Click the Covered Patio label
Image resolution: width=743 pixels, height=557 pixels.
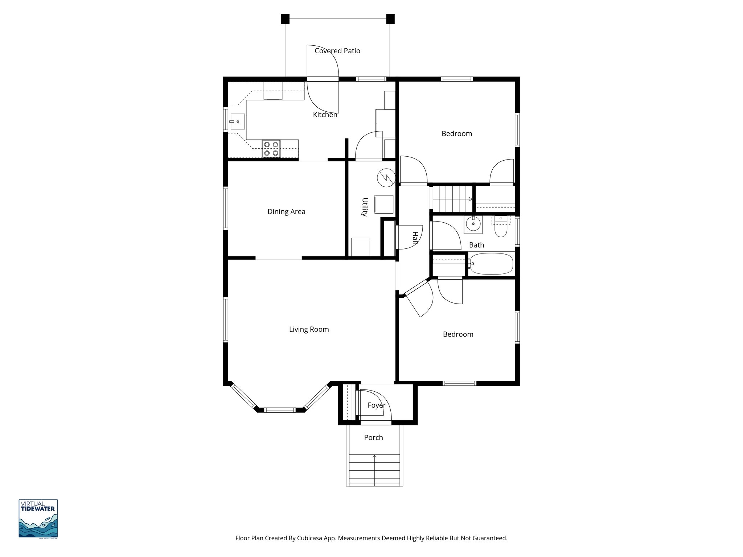(337, 51)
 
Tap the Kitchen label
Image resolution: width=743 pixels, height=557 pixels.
(325, 115)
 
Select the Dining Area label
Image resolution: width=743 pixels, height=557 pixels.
(286, 211)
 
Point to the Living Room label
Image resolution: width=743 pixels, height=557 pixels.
(309, 329)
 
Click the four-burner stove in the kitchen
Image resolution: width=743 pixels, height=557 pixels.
(271, 149)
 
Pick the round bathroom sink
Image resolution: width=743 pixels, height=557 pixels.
(473, 224)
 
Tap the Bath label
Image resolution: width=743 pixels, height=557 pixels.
(476, 245)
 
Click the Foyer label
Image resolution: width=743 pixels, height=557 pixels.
(376, 405)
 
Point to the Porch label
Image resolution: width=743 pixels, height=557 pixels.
(373, 437)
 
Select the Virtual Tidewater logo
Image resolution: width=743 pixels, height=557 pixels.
(38, 519)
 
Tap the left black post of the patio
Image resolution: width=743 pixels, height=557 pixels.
(285, 18)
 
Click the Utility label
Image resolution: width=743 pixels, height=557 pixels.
(365, 207)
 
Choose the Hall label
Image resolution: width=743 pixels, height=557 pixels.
(415, 238)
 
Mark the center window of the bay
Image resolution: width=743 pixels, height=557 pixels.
(279, 410)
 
